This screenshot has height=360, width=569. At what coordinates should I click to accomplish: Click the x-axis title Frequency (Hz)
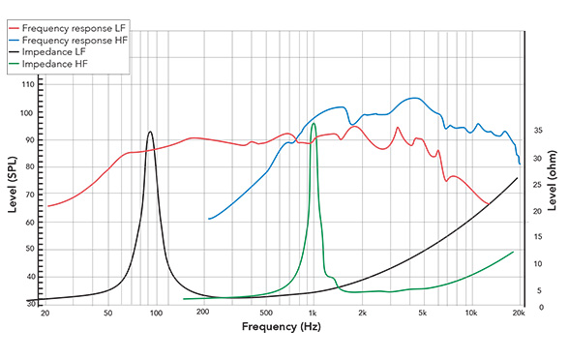[281, 329]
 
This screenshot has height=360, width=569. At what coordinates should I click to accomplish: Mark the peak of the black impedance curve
[150, 132]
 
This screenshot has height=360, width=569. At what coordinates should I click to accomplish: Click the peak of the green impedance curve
[314, 123]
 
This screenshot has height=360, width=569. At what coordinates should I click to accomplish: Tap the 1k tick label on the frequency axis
[313, 314]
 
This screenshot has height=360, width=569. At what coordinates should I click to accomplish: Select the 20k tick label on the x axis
[518, 314]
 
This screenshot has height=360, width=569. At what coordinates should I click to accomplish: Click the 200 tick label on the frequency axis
[202, 314]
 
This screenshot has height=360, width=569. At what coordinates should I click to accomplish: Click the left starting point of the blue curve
[208, 219]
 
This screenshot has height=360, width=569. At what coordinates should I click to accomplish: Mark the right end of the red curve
[488, 203]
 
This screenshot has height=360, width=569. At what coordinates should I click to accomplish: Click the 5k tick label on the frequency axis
[423, 314]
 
